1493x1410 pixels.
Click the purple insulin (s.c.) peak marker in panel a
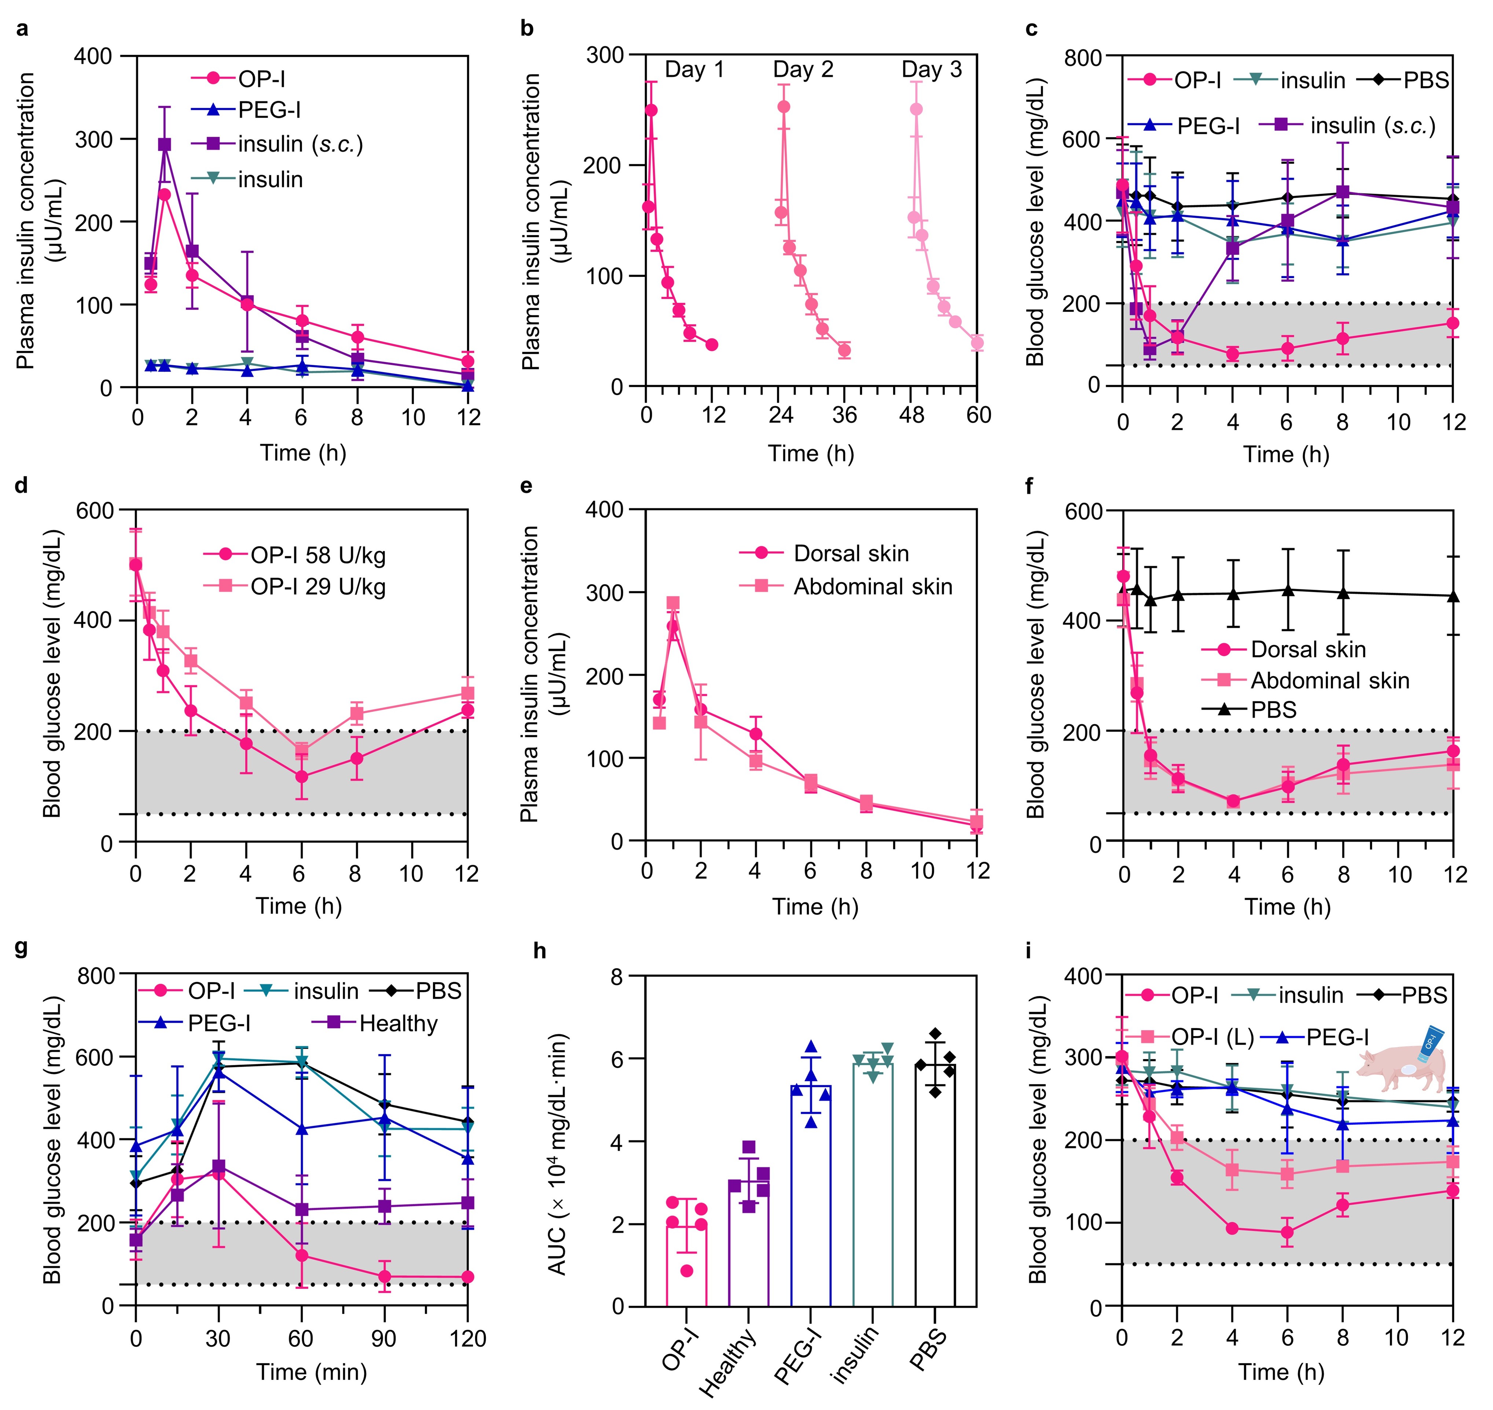[164, 144]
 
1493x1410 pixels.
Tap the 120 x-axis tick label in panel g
[467, 1338]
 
